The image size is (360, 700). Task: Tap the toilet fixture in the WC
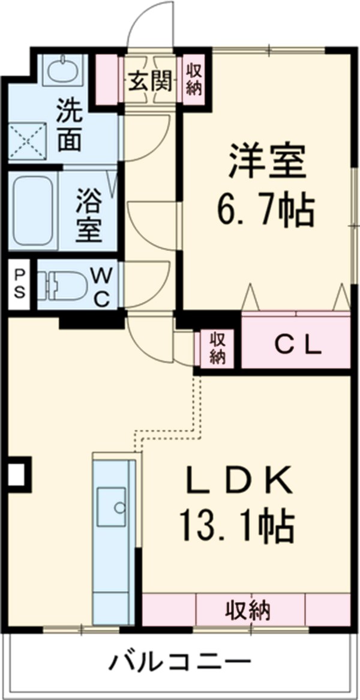pos(60,285)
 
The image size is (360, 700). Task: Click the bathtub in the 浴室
pos(34,211)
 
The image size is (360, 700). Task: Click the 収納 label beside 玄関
pos(193,80)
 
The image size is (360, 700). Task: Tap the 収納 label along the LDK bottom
pos(248,611)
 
